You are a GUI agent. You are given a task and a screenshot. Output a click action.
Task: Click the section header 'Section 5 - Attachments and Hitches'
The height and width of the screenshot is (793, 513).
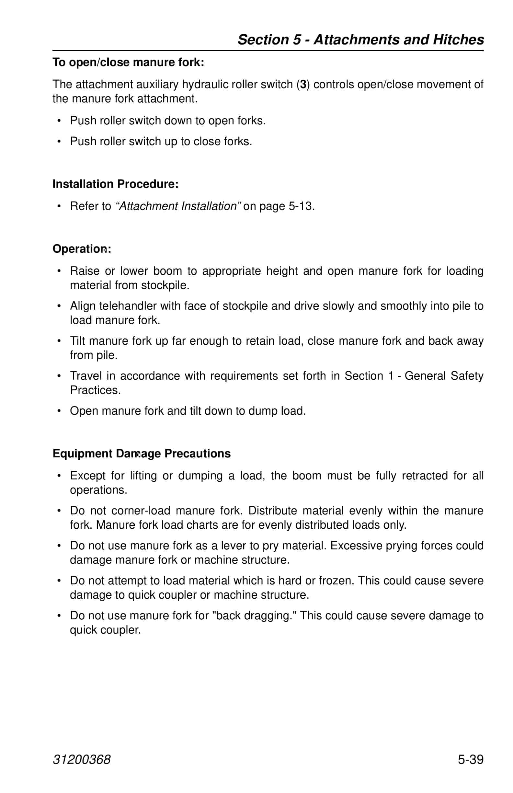[360, 40]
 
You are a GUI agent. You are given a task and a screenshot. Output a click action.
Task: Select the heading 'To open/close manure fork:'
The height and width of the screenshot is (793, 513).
[128, 62]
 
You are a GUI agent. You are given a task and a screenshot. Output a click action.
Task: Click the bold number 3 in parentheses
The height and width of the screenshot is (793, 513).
[303, 85]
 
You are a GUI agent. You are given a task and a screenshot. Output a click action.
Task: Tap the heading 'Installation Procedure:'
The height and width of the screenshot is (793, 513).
[115, 184]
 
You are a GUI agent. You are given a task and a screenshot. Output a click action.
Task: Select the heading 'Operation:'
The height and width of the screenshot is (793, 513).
[82, 249]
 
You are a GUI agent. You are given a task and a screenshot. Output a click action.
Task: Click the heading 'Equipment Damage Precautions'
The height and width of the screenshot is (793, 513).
[142, 454]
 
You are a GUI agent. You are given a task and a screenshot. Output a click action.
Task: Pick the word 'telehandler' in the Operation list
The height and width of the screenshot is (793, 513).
[128, 306]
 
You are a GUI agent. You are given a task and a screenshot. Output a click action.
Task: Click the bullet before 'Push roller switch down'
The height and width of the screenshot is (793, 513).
[59, 121]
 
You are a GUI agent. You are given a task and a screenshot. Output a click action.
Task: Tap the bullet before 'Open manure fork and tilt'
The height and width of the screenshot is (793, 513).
[59, 411]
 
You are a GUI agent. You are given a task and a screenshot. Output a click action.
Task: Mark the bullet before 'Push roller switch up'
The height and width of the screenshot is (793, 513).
[59, 142]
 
